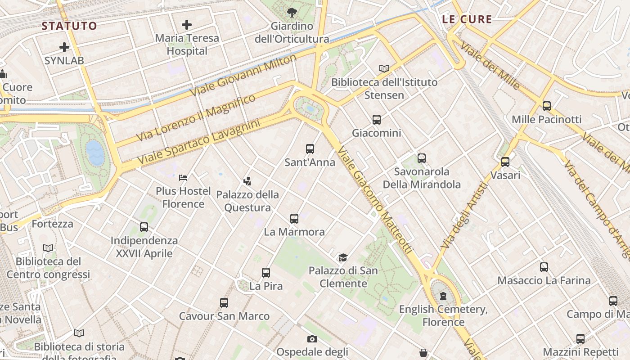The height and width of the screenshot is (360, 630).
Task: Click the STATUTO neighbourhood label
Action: point(69,26)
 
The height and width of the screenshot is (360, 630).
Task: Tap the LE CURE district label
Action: point(467,19)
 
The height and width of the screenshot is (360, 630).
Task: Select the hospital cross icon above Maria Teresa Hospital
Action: point(187,25)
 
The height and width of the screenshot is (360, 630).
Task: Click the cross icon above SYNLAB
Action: point(64,47)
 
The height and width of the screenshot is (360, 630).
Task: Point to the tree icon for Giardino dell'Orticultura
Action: point(292,12)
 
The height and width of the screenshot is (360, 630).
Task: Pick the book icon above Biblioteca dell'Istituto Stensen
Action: point(384,68)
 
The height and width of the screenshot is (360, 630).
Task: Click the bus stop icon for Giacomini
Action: point(377,120)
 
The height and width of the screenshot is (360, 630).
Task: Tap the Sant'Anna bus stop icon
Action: point(310,149)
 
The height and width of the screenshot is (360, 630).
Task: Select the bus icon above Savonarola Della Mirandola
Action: point(421,158)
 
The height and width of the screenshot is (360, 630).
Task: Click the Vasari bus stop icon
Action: point(505,162)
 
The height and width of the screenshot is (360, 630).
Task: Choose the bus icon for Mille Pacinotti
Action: point(546,106)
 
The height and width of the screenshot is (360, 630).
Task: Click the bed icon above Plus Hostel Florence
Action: point(183,178)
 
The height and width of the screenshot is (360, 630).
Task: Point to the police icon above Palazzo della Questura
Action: point(247,181)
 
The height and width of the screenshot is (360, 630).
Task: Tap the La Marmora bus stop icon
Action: point(294,219)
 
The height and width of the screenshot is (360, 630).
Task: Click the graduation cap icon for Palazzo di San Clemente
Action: point(343,257)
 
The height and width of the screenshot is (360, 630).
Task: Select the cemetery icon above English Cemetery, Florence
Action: point(443,296)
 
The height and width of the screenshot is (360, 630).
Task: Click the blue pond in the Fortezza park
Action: point(95,153)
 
